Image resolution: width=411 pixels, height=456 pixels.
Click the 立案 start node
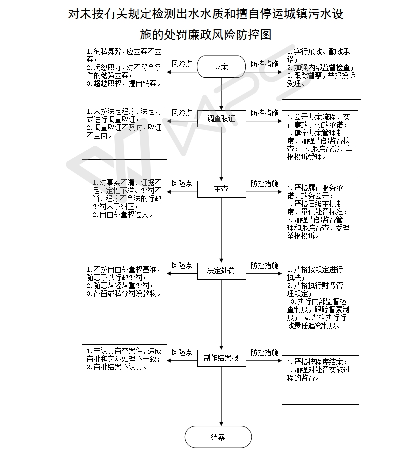pos(221,67)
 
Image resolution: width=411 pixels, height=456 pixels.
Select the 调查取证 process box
pos(222,118)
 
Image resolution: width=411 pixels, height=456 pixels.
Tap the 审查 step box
pos(222,189)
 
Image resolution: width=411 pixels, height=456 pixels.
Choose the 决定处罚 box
pos(222,271)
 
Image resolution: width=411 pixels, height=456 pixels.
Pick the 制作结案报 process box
pos(222,358)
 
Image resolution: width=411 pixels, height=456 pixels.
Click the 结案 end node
pos(218,437)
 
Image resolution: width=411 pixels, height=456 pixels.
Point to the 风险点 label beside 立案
pos(182,64)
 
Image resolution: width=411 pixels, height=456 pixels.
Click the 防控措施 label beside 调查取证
pos(264,113)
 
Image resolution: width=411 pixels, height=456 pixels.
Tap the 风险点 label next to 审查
pos(182,184)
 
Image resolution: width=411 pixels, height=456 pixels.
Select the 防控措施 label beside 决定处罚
pos(264,265)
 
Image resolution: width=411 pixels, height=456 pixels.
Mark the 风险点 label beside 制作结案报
pos(182,353)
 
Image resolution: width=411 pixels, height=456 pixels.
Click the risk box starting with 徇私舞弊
pos(125,70)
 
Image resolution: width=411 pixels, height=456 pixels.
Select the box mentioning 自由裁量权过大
pos(127,208)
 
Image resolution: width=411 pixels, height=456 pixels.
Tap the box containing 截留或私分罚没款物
pos(125,296)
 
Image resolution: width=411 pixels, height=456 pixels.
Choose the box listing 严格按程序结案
pos(321,380)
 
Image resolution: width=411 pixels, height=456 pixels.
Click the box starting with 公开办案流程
pos(320,143)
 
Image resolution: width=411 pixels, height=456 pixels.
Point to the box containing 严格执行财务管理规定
pos(318,307)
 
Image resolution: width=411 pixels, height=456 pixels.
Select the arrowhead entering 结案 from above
pos(221,424)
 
